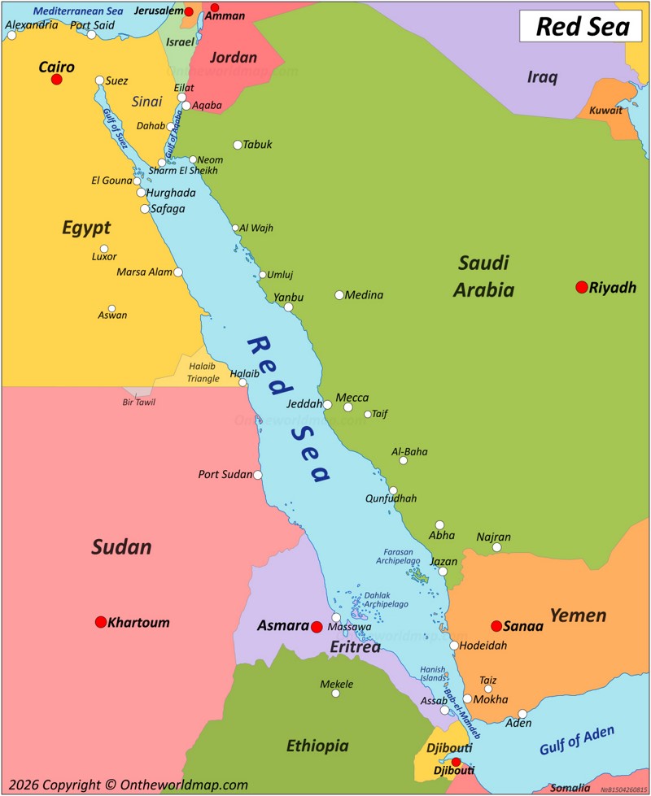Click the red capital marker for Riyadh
[x=581, y=287]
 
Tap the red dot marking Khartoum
[x=101, y=622]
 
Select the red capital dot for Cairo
[x=56, y=79]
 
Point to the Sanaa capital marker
[x=496, y=625]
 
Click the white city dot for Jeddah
[x=327, y=404]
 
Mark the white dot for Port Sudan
[x=258, y=475]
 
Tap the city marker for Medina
[x=339, y=295]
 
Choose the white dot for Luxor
[x=104, y=249]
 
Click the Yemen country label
[x=578, y=615]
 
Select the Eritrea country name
[x=355, y=647]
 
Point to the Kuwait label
[x=605, y=111]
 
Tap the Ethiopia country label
[x=317, y=746]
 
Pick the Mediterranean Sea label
[x=77, y=11]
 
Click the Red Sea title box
[x=582, y=27]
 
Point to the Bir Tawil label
[x=138, y=402]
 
